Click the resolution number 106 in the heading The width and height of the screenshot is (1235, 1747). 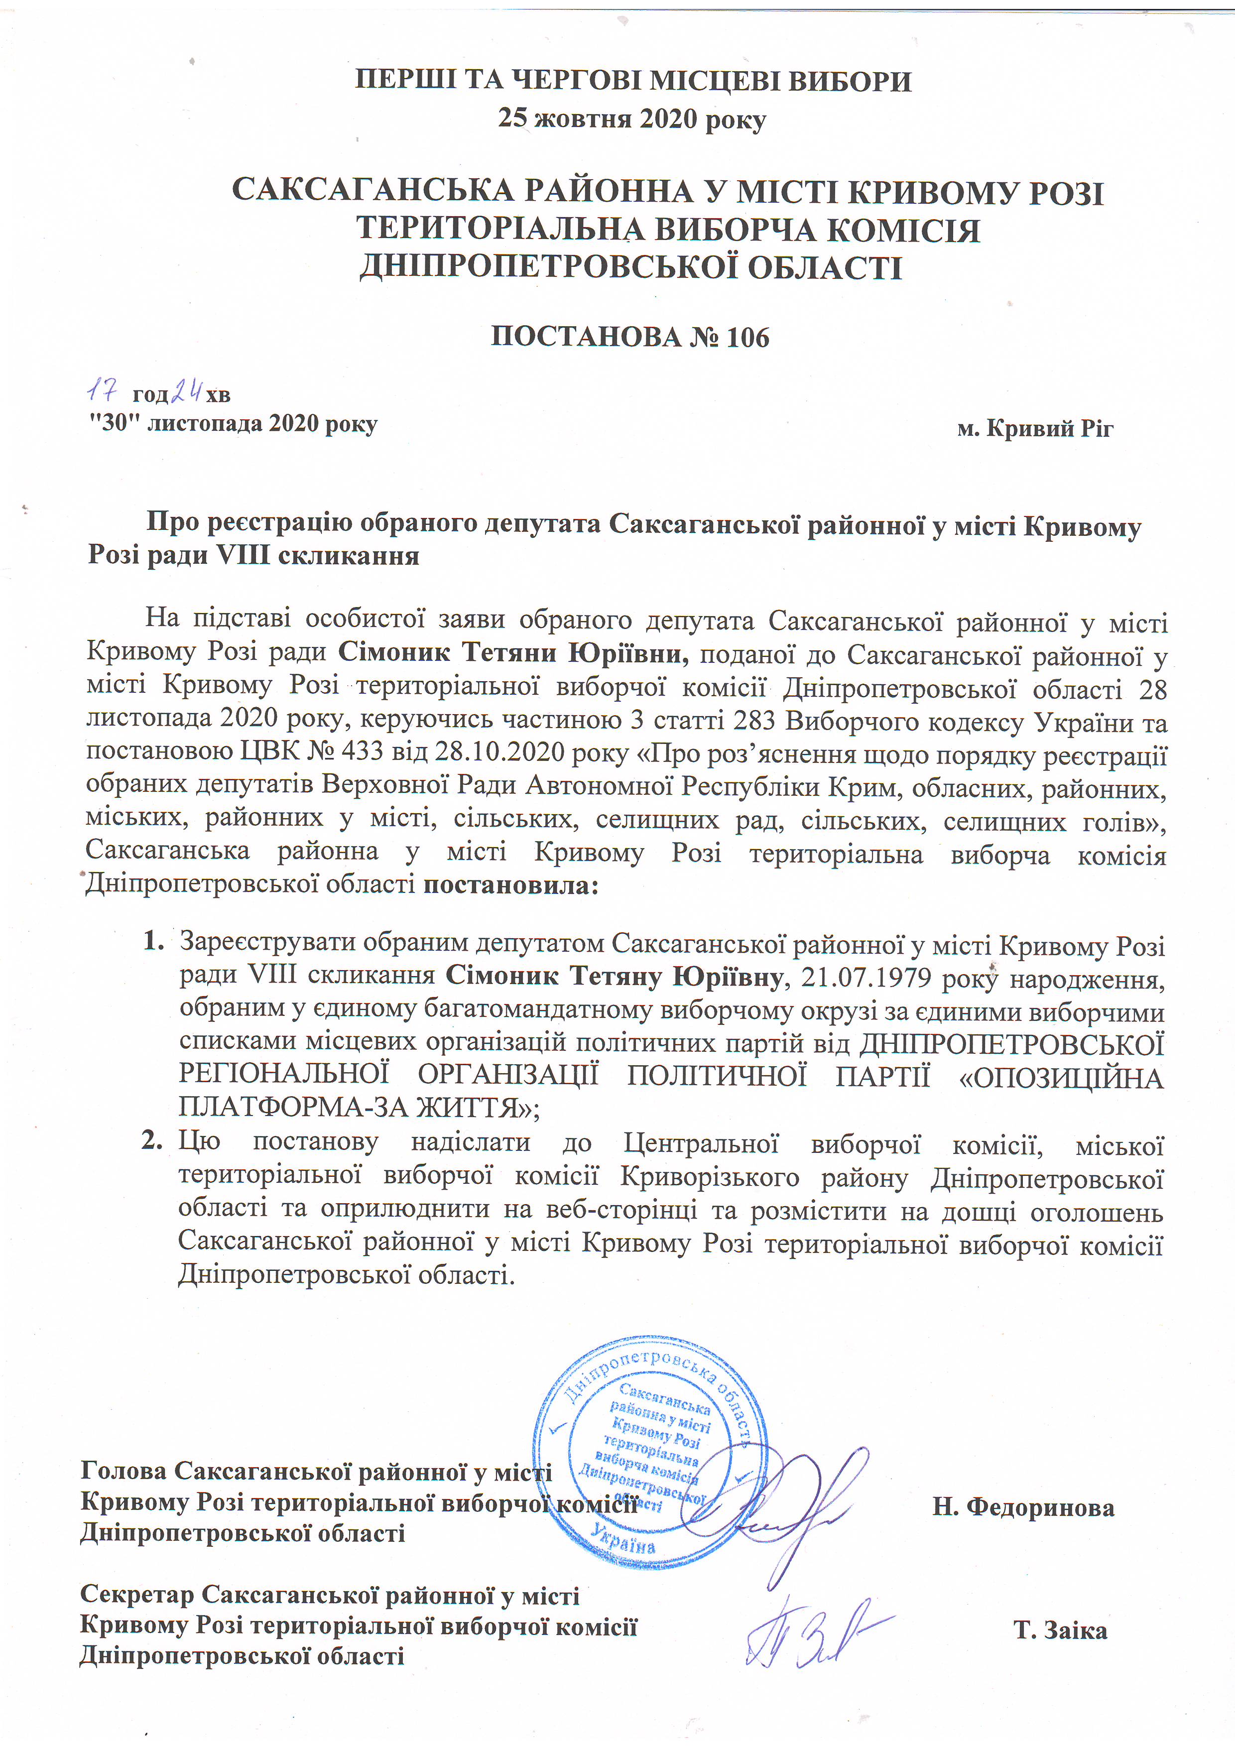[x=747, y=336]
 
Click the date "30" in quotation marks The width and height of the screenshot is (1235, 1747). [x=114, y=423]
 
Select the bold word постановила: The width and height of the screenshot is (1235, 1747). [x=510, y=885]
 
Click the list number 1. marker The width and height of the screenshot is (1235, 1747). [x=153, y=942]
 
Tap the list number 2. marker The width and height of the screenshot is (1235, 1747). [x=152, y=1140]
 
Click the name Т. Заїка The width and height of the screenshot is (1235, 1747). [x=1060, y=1630]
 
